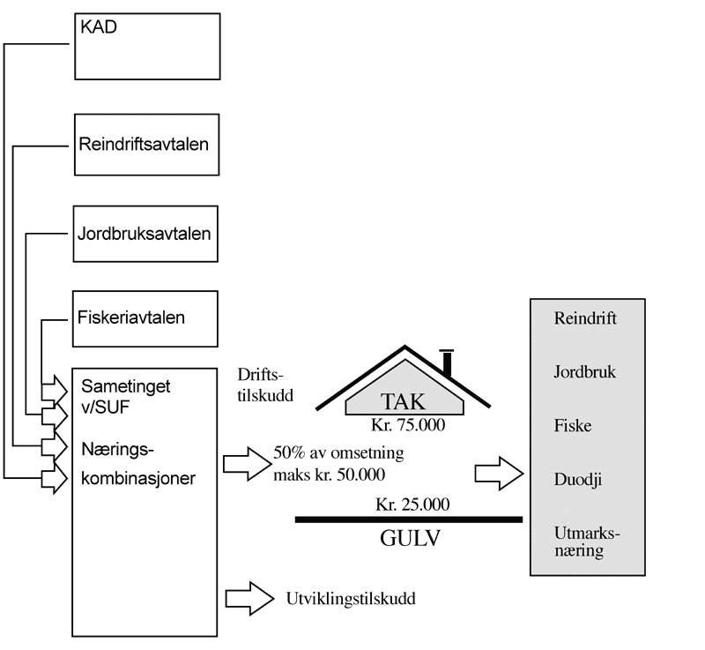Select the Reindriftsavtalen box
pyautogui.click(x=145, y=143)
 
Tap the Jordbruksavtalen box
pyautogui.click(x=145, y=234)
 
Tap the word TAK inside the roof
pyautogui.click(x=404, y=402)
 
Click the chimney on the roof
pyautogui.click(x=447, y=362)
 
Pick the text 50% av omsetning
pyautogui.click(x=338, y=455)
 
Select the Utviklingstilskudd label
pyautogui.click(x=350, y=599)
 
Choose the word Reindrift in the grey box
pyautogui.click(x=584, y=318)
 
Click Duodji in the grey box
pyautogui.click(x=577, y=481)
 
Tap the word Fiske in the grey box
pyautogui.click(x=573, y=427)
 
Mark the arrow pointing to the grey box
pyautogui.click(x=500, y=472)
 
